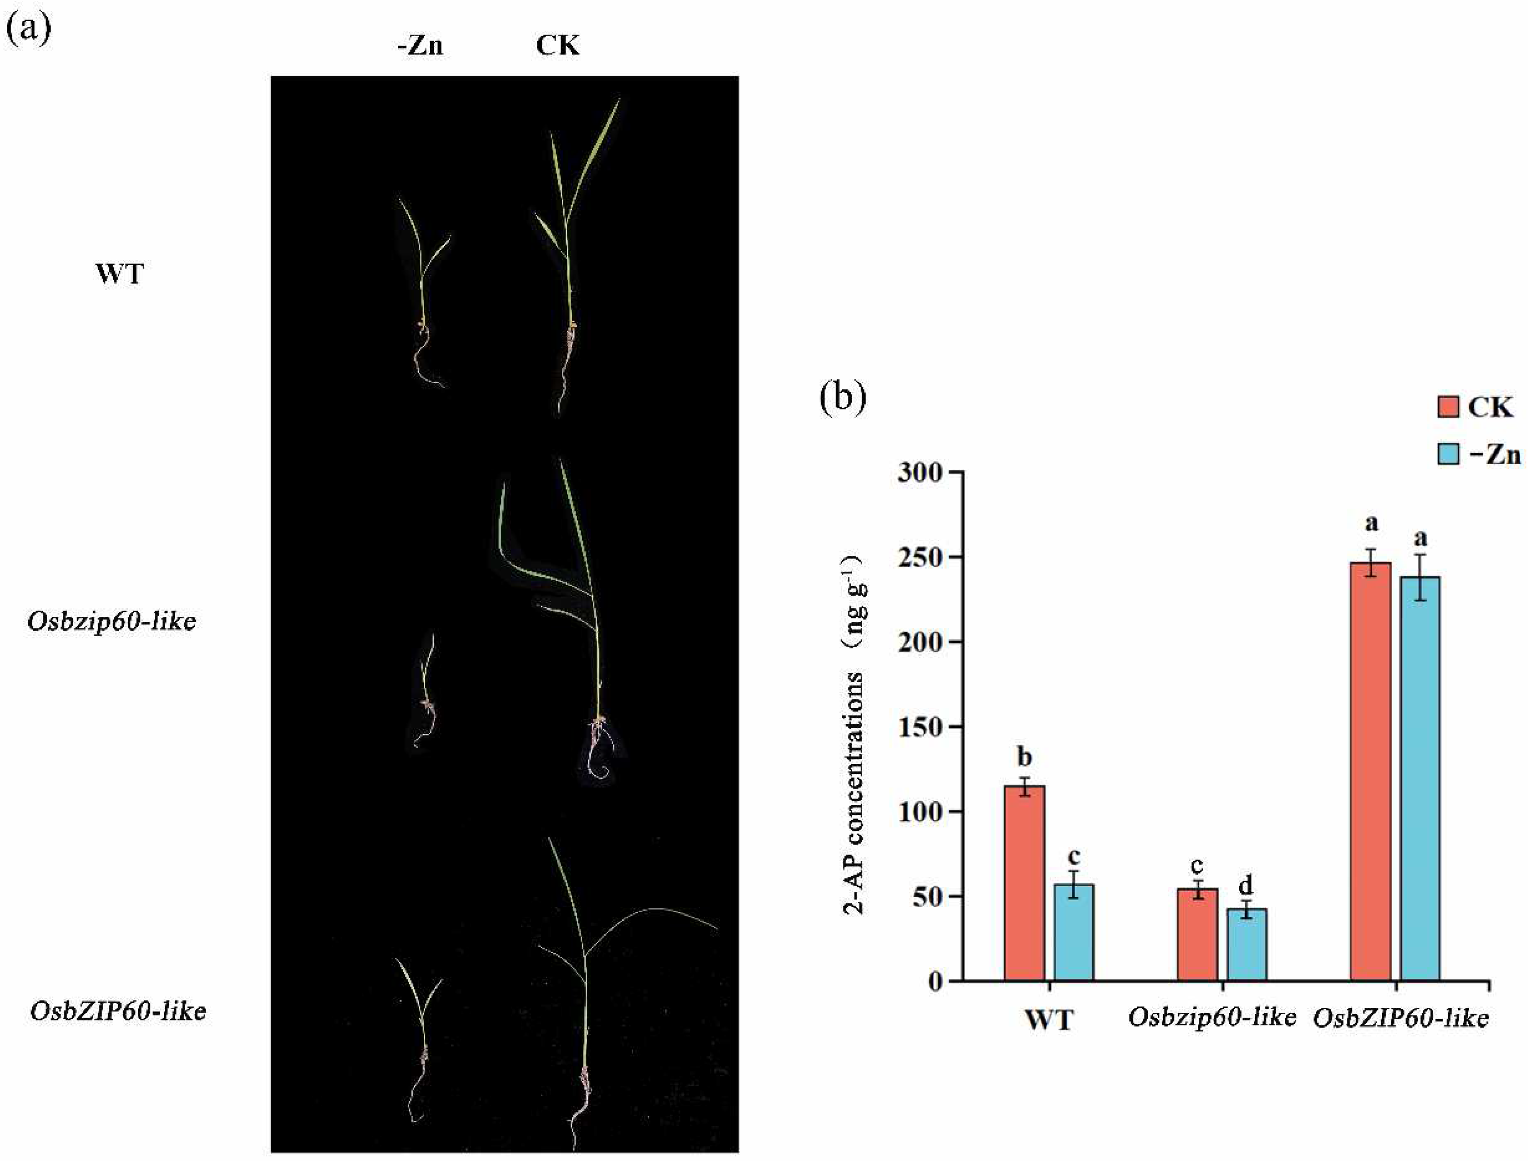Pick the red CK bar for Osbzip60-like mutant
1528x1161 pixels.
[x=1197, y=934]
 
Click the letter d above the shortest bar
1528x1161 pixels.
[x=1245, y=885]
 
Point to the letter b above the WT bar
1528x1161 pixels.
[x=1024, y=757]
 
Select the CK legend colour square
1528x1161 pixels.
[x=1447, y=407]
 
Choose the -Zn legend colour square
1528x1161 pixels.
[x=1447, y=454]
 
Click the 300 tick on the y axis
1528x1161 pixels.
[x=919, y=473]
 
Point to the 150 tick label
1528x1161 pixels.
[x=919, y=727]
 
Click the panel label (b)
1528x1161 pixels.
[x=842, y=399]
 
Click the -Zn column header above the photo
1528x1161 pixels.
[x=420, y=46]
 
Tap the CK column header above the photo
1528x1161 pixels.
[x=558, y=46]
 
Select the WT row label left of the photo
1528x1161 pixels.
[x=120, y=275]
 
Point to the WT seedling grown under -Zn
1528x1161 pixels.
[x=423, y=290]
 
